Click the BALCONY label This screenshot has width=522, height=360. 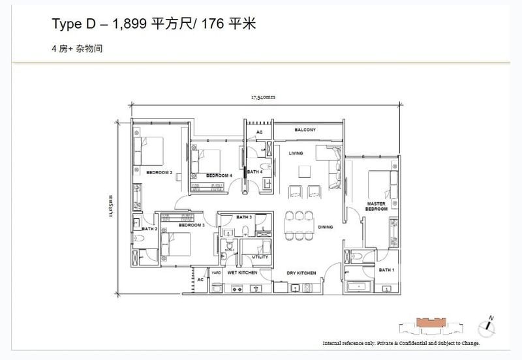tap(305, 130)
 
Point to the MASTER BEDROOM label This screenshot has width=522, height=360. tap(377, 207)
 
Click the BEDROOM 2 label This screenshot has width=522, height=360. tap(159, 173)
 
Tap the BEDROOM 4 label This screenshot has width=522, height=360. tap(219, 175)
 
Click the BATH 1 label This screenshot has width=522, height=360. tap(385, 269)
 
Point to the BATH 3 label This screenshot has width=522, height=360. tap(244, 217)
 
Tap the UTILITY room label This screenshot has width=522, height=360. tap(259, 257)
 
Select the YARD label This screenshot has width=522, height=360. tap(215, 273)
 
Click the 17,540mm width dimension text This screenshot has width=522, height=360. tap(263, 97)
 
